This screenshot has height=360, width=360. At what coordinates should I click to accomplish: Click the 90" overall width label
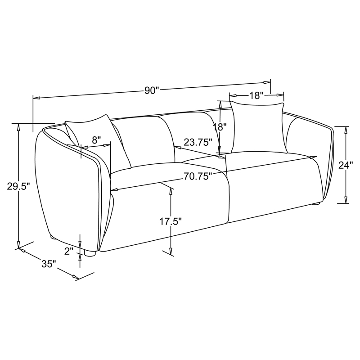point(152,91)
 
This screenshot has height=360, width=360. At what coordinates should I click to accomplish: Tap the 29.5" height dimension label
point(18,186)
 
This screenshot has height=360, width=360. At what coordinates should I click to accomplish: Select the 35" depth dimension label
point(49,264)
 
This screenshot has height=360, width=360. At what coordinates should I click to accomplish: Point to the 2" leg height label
point(69,251)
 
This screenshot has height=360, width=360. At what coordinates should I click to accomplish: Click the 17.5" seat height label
point(171,221)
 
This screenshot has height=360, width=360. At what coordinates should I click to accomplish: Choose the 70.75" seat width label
point(198,176)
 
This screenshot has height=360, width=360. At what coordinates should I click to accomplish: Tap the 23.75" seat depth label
point(198,142)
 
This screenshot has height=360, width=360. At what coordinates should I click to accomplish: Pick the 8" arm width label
point(96,140)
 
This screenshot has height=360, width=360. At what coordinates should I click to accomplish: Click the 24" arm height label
point(346,165)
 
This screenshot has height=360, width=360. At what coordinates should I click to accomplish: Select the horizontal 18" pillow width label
point(256,95)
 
